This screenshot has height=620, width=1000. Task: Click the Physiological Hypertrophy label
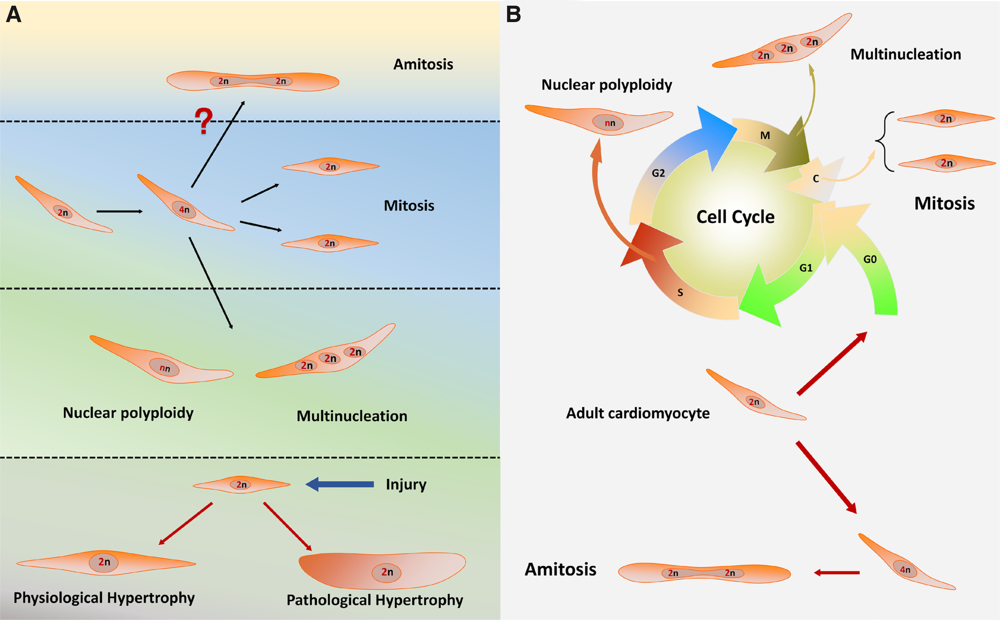(x=104, y=598)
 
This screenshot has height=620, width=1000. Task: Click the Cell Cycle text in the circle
(x=735, y=217)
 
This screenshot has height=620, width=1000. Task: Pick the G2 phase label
(x=658, y=173)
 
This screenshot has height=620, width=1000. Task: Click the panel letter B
(x=513, y=15)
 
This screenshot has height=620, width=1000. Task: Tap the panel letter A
(x=13, y=15)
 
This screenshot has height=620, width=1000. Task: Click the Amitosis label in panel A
(x=423, y=64)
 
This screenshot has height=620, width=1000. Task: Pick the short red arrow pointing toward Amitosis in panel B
(x=836, y=572)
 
